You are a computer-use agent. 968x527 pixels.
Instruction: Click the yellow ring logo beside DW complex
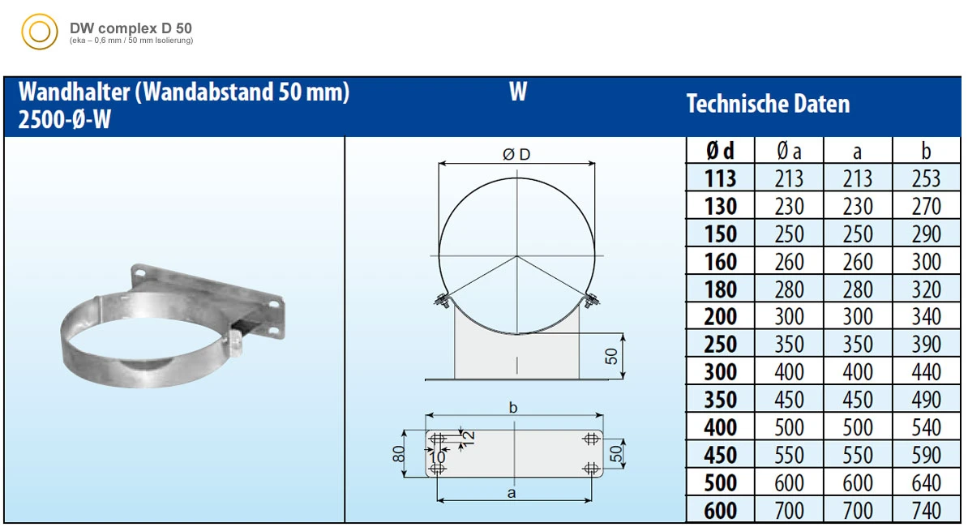(x=39, y=32)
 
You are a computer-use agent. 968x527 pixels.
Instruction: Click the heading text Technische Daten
(x=768, y=105)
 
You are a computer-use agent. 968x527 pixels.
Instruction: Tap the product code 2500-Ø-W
(x=64, y=120)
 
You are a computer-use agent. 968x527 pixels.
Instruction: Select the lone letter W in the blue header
(x=518, y=92)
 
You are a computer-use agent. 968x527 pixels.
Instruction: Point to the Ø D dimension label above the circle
(x=516, y=155)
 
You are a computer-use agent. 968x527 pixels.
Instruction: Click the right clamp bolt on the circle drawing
(x=591, y=301)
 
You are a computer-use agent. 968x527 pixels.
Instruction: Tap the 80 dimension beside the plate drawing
(x=398, y=455)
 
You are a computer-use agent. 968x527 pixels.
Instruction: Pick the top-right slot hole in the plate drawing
(x=590, y=439)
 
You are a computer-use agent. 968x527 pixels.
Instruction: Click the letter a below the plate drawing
(x=512, y=492)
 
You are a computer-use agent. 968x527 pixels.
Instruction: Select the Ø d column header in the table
(x=720, y=151)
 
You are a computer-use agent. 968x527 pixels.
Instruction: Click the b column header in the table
(x=926, y=151)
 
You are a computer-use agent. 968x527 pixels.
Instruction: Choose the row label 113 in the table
(x=720, y=178)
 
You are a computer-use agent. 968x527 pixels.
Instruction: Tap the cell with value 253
(x=926, y=178)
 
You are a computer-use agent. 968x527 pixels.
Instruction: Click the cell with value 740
(x=926, y=511)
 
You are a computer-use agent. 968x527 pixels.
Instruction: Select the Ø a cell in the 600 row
(x=789, y=511)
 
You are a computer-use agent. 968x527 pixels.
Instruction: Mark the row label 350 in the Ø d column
(x=720, y=400)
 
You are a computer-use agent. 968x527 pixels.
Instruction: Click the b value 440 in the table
(x=926, y=372)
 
